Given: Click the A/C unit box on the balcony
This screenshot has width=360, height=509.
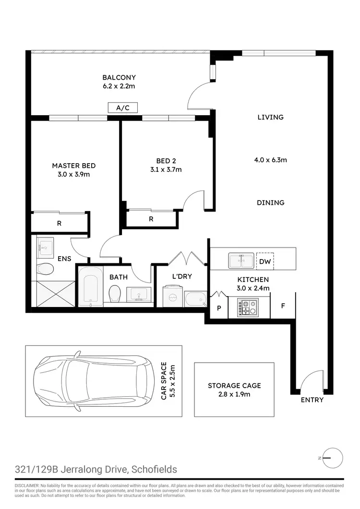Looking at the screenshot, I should (123, 108).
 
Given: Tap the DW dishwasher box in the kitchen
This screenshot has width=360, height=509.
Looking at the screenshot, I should (264, 261).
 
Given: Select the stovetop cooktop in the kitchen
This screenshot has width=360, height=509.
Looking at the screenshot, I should (247, 308).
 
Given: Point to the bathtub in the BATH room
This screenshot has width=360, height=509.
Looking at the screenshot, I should (90, 287).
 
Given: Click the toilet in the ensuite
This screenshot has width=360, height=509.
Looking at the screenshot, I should (44, 269).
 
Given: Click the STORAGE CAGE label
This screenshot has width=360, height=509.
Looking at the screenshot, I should (234, 385).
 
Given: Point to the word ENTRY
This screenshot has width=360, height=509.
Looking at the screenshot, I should (312, 400).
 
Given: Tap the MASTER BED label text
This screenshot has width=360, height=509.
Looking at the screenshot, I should (74, 166).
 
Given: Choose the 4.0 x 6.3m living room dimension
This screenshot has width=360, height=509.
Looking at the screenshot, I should (271, 160).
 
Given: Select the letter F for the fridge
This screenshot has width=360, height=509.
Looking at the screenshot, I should (283, 305).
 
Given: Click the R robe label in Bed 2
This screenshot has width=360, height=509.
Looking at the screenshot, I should (151, 219).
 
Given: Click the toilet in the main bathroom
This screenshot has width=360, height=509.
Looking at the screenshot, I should (115, 293).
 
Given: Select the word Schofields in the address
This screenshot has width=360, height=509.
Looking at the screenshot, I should (153, 469).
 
